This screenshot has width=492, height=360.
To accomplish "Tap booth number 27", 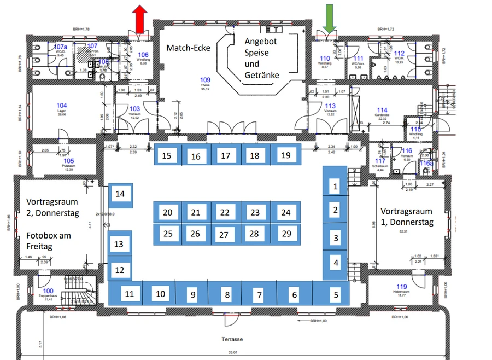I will [223, 235].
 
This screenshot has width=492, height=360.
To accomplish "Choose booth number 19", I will [285, 155].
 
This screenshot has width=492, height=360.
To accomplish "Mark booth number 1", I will [336, 187].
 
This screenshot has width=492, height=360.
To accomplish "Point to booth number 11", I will [129, 294].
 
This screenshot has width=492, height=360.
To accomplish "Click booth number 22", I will [224, 212].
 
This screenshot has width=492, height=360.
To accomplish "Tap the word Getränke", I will [262, 74].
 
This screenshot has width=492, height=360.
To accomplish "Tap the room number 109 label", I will [205, 80].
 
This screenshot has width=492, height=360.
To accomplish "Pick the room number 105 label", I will [68, 160].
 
